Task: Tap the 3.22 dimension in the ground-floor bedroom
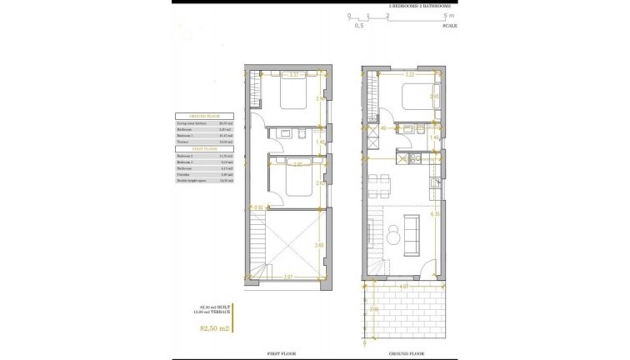tap(409, 74)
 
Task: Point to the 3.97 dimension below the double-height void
tap(287, 276)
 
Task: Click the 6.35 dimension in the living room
tap(435, 214)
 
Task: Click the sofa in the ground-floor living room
tap(411, 236)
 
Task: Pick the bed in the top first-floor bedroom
tap(292, 95)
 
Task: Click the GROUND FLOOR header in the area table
tap(202, 116)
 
